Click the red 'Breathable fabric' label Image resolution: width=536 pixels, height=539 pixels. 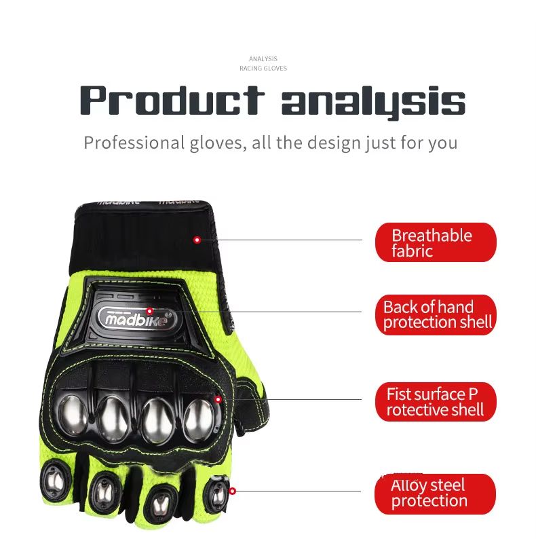436,242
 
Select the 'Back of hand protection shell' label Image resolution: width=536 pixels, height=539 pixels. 436,314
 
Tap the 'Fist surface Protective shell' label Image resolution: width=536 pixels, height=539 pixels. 436,402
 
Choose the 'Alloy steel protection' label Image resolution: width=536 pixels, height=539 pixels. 436,494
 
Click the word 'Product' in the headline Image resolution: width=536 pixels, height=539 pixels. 172,100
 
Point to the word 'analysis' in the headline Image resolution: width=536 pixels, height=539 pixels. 373,103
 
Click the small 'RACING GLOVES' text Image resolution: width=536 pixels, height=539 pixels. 263,69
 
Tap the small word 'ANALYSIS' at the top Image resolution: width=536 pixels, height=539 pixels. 263,59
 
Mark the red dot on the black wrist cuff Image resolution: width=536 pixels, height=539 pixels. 197,240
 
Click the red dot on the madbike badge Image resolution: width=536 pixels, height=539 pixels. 149,311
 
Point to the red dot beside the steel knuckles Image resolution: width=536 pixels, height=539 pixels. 218,399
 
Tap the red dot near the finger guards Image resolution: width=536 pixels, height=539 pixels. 232,491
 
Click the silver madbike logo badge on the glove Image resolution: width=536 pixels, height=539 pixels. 138,318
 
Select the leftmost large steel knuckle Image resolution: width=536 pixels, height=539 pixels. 73,415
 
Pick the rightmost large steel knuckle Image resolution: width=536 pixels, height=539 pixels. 200,420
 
